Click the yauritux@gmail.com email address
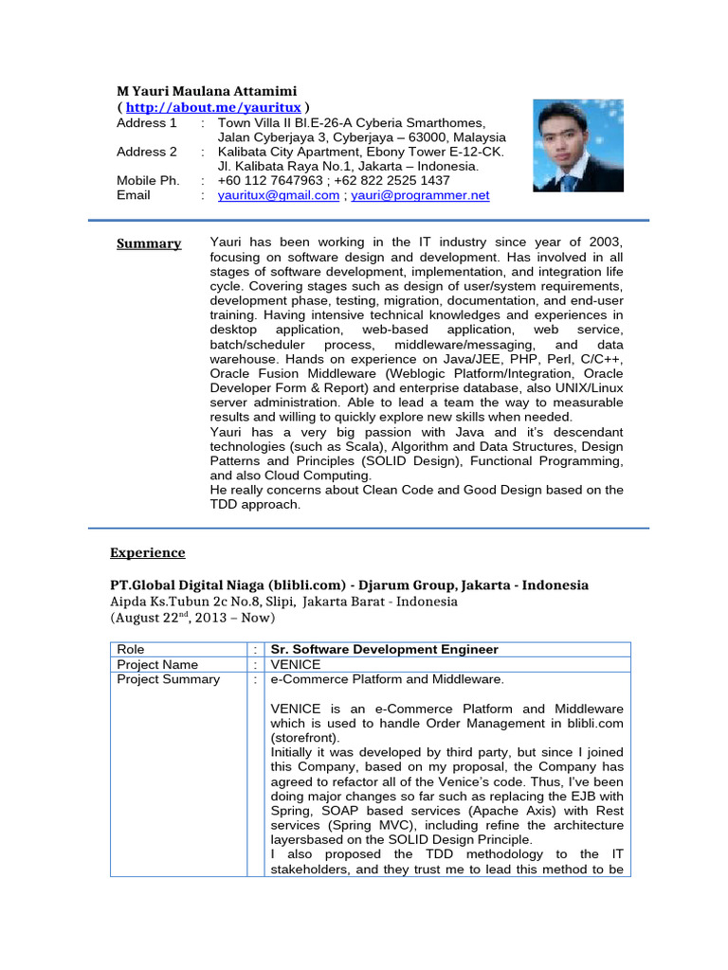click(x=278, y=195)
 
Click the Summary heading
click(x=149, y=243)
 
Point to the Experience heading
click(x=148, y=552)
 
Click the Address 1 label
click(x=147, y=123)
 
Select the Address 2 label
click(x=147, y=152)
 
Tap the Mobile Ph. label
click(x=148, y=180)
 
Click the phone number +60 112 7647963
click(x=268, y=180)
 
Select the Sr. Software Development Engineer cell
click(x=384, y=649)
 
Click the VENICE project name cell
click(x=296, y=664)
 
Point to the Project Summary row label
click(x=168, y=679)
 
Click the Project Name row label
click(x=157, y=664)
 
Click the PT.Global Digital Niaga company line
click(x=349, y=584)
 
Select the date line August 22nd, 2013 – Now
click(x=192, y=618)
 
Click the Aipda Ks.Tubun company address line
click(x=283, y=602)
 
